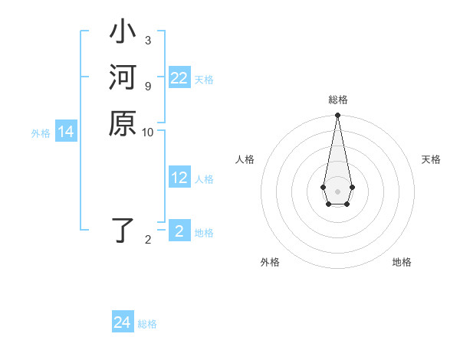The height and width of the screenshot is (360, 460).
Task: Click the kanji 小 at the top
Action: pyautogui.click(x=123, y=34)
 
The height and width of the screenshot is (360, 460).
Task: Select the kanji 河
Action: pyautogui.click(x=123, y=79)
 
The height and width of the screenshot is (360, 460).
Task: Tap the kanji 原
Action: pyautogui.click(x=123, y=123)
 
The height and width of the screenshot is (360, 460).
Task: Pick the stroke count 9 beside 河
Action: pyautogui.click(x=147, y=86)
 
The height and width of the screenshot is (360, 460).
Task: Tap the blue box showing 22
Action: pyautogui.click(x=179, y=78)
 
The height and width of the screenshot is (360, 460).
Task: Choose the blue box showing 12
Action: pyautogui.click(x=179, y=178)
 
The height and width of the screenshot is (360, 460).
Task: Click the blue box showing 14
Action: pyautogui.click(x=66, y=133)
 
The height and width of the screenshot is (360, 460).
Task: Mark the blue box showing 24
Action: pyautogui.click(x=123, y=322)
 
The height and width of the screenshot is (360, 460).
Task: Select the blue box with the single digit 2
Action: pyautogui.click(x=179, y=232)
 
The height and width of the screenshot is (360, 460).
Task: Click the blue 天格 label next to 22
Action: pyautogui.click(x=204, y=79)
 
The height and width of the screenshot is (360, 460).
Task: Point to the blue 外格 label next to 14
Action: pyautogui.click(x=41, y=133)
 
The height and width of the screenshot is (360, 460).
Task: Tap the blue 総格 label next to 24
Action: pyautogui.click(x=147, y=324)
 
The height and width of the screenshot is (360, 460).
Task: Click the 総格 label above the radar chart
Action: pyautogui.click(x=338, y=100)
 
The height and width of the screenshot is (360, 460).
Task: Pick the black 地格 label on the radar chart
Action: pyautogui.click(x=402, y=263)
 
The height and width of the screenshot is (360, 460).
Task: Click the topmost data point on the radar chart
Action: pyautogui.click(x=337, y=116)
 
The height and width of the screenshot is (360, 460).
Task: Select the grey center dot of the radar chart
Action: pyautogui.click(x=337, y=191)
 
